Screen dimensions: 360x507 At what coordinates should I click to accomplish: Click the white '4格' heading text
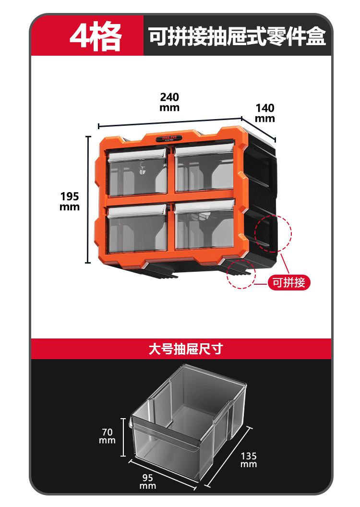tap(96, 36)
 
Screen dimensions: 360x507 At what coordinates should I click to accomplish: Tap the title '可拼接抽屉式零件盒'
tap(237, 36)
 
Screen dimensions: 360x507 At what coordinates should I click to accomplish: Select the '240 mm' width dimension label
tap(169, 102)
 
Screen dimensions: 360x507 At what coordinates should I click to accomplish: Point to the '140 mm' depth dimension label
tap(265, 113)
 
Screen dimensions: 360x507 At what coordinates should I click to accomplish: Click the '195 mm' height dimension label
tap(70, 201)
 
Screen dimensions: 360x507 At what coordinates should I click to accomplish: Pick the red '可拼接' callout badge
tap(289, 282)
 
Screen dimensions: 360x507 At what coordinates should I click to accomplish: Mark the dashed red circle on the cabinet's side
tap(273, 233)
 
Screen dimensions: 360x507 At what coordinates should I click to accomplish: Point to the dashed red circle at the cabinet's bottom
tap(241, 274)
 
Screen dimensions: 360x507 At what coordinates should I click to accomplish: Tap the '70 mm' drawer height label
tap(108, 436)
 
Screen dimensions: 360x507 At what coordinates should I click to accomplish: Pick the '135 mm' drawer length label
tap(249, 460)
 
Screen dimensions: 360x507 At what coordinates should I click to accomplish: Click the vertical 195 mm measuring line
tap(88, 199)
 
